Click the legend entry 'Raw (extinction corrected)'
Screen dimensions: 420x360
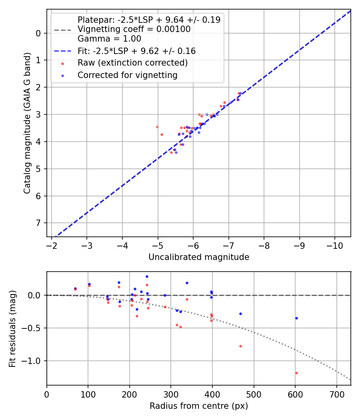coord(132,63)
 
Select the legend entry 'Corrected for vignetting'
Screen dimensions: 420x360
coord(128,75)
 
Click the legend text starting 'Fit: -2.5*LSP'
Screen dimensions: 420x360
coord(136,51)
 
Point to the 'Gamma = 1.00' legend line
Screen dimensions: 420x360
coord(109,39)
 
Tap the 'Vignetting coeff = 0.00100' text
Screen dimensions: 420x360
coord(134,29)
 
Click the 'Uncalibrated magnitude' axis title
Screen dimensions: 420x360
coord(199,257)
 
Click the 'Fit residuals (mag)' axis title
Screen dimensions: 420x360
coord(12,328)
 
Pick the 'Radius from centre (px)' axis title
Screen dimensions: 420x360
coord(199,406)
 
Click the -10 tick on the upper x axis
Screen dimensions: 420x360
coord(335,245)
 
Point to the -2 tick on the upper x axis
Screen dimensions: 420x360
coord(52,245)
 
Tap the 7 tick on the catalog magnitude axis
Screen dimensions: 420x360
coord(39,223)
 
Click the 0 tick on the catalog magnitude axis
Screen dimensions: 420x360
coord(39,33)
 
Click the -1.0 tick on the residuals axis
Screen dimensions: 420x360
coord(32,361)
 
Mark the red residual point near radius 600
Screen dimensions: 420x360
coord(296,373)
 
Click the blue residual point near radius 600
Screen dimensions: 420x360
coord(296,318)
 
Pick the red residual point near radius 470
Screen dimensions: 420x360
coord(240,346)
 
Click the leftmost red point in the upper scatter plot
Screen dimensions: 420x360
coord(157,127)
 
